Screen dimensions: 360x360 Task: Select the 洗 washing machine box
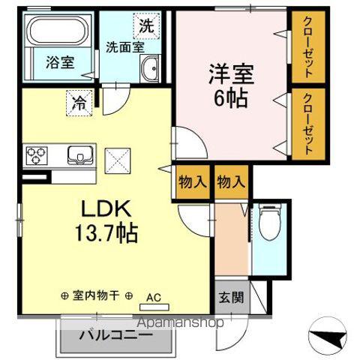coord(147,24)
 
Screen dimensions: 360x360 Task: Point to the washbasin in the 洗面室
coord(150,70)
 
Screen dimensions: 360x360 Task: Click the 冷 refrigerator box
coord(79,102)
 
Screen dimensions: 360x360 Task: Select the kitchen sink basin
coord(78,155)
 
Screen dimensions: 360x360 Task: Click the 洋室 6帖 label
coord(231,85)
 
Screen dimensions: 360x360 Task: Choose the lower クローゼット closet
coord(307,124)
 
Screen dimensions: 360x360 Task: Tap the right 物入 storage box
coord(231,181)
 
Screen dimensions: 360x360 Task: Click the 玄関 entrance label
coord(230,295)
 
